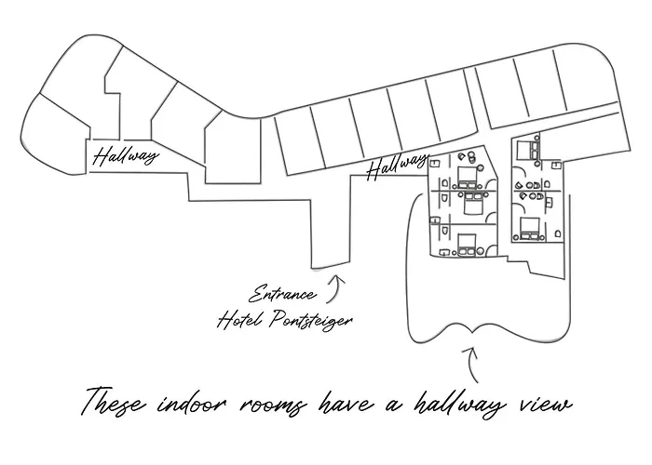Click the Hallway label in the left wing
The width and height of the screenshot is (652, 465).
126,155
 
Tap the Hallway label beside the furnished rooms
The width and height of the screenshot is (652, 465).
397,166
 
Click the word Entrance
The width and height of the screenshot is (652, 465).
283,294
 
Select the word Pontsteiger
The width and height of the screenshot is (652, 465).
311,321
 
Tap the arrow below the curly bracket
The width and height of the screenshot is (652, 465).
472,365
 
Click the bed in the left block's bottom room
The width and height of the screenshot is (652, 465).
467,244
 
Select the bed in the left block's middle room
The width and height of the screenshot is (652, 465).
470,203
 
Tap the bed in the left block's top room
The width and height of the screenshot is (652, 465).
468,178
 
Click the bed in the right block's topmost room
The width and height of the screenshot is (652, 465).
525,150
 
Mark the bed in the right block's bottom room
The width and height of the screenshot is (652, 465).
528,229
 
